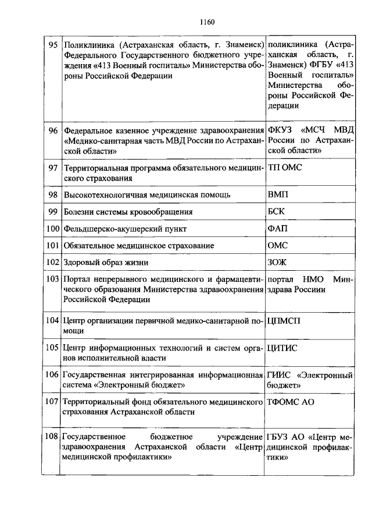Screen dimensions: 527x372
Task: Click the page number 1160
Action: pos(206,23)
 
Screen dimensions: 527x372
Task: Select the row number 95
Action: pos(52,45)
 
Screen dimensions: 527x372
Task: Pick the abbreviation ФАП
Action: pos(277,229)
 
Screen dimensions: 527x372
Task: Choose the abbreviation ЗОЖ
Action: pos(277,263)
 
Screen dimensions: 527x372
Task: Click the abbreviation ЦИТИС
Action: pos(282,348)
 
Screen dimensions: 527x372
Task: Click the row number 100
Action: pos(52,229)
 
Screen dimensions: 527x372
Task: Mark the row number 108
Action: pos(52,436)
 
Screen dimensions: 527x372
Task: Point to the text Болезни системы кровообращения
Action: pos(128,211)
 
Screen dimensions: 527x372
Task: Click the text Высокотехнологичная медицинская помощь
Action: pos(147,194)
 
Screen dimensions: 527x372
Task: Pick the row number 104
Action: pos(52,320)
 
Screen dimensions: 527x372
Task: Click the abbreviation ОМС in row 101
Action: pos(277,246)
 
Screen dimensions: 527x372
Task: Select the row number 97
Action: pos(52,168)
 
